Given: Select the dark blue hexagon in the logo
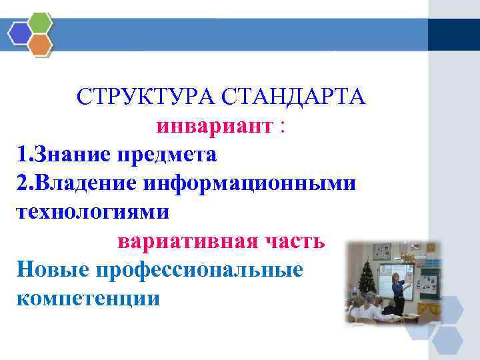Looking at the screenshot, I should pos(20,33).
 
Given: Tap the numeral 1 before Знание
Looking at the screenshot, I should pos(21,155).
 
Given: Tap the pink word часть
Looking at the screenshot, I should pos(295,241).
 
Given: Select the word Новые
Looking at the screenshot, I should pos(53,269).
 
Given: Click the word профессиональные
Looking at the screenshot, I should pos(200,269).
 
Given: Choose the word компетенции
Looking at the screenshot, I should pos(87,298).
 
